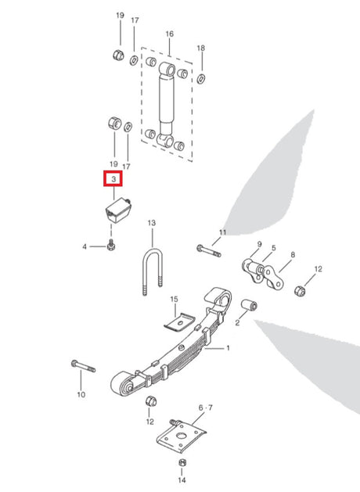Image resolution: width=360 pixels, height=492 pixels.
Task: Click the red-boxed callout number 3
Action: coord(113,179)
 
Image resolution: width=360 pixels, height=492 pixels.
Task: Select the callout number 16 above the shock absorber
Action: coord(170,34)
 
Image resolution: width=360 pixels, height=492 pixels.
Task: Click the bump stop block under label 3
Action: coord(117,210)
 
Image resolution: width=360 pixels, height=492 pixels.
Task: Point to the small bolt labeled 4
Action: coord(111,245)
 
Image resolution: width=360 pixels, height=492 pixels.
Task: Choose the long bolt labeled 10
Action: coord(84,366)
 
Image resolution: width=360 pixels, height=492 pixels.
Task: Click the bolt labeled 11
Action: coord(209,251)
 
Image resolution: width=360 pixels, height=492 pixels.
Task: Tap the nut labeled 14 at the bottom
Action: coord(182,462)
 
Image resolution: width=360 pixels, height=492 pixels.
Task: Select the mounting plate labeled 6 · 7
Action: coord(181,436)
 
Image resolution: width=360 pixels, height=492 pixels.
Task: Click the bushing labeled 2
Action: coord(249,305)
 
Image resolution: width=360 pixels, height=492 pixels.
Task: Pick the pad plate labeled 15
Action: coord(179,321)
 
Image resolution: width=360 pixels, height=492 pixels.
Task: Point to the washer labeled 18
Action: coord(201,78)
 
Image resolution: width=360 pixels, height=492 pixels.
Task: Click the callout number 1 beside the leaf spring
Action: coord(228,347)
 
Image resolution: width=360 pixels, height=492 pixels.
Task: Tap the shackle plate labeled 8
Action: coord(273,278)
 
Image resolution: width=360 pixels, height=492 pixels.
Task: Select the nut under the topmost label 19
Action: coord(119,56)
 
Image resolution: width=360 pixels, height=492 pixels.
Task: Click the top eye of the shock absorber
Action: coord(167,70)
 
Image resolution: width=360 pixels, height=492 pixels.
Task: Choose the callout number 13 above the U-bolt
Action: coord(151,223)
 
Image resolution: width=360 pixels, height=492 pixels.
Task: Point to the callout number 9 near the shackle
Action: coord(259,244)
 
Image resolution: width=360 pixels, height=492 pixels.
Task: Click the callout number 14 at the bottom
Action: coord(182,479)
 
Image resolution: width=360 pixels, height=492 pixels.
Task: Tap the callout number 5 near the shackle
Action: coord(274,248)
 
